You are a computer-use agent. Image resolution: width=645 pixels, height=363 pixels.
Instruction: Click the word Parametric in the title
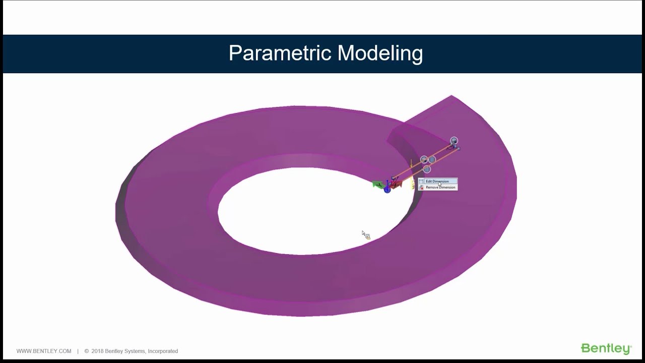click(280, 53)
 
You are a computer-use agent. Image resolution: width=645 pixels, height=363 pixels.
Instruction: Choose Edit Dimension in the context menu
click(437, 181)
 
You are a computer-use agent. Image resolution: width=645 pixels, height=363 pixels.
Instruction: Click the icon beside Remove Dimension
click(421, 188)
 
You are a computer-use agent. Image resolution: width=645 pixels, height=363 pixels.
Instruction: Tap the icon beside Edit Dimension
click(421, 181)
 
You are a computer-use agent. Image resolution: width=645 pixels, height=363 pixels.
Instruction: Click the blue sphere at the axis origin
click(387, 190)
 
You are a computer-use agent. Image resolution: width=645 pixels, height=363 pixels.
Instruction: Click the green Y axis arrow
click(377, 185)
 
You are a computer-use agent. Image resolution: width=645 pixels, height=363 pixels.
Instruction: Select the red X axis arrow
click(396, 185)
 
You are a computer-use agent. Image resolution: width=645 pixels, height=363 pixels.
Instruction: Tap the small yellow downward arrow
click(411, 164)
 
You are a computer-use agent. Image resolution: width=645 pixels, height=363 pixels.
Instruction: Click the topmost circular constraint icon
click(454, 140)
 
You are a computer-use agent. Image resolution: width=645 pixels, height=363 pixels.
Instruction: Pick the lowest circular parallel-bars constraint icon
click(427, 169)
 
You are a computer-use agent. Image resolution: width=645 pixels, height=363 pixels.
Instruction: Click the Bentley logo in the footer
click(606, 349)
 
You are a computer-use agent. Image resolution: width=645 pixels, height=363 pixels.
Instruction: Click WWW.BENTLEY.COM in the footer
click(44, 351)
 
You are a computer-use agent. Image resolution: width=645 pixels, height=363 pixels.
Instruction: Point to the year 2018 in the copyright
click(97, 351)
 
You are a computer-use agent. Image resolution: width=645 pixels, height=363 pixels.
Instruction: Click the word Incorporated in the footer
click(162, 351)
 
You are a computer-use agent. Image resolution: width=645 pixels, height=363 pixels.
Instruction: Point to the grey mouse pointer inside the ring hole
click(364, 234)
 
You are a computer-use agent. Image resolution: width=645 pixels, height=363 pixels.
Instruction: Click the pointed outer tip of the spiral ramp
click(451, 96)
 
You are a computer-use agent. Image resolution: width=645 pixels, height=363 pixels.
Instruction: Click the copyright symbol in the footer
click(87, 351)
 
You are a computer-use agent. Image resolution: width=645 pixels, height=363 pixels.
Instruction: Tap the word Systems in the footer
click(135, 351)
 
